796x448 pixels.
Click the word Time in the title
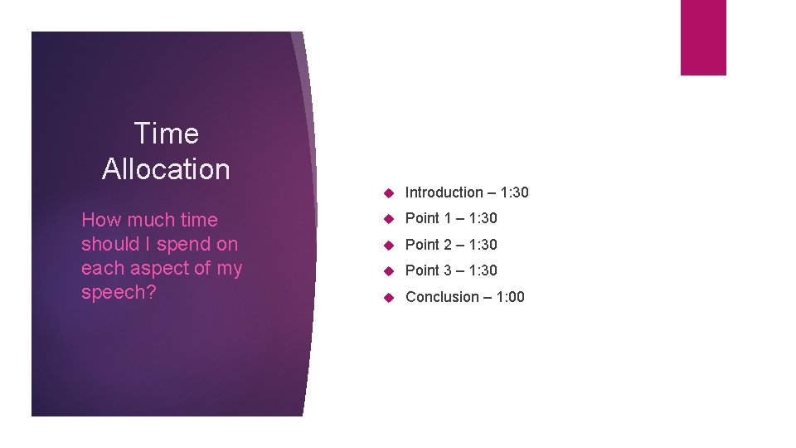tap(166, 134)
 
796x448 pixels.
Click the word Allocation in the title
tap(166, 169)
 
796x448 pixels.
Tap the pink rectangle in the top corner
tap(703, 37)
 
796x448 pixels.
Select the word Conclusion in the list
tap(442, 297)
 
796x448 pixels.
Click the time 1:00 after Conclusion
tap(510, 297)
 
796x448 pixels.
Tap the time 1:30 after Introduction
tap(514, 192)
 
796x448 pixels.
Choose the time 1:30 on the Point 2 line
tap(483, 245)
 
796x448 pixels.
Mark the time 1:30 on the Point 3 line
tap(483, 270)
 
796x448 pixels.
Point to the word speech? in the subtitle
tap(119, 294)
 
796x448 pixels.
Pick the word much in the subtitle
tap(148, 220)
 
